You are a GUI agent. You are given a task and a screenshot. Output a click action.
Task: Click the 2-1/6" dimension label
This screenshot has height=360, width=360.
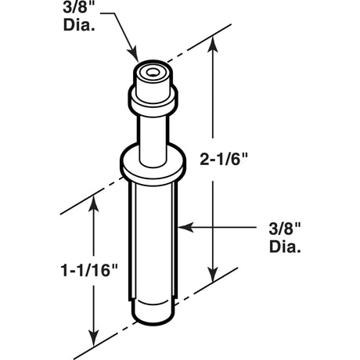tap(223, 159)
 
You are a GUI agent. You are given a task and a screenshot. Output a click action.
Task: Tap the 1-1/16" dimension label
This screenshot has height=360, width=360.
tap(89, 270)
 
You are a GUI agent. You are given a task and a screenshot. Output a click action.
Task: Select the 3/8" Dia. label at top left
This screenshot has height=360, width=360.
tap(79, 17)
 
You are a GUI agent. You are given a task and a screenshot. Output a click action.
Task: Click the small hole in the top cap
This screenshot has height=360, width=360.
tap(151, 72)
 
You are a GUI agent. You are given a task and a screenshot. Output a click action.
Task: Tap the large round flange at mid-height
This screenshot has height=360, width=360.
tap(153, 162)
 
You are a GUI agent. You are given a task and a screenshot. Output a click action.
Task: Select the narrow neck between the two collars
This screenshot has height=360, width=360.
tap(153, 141)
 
